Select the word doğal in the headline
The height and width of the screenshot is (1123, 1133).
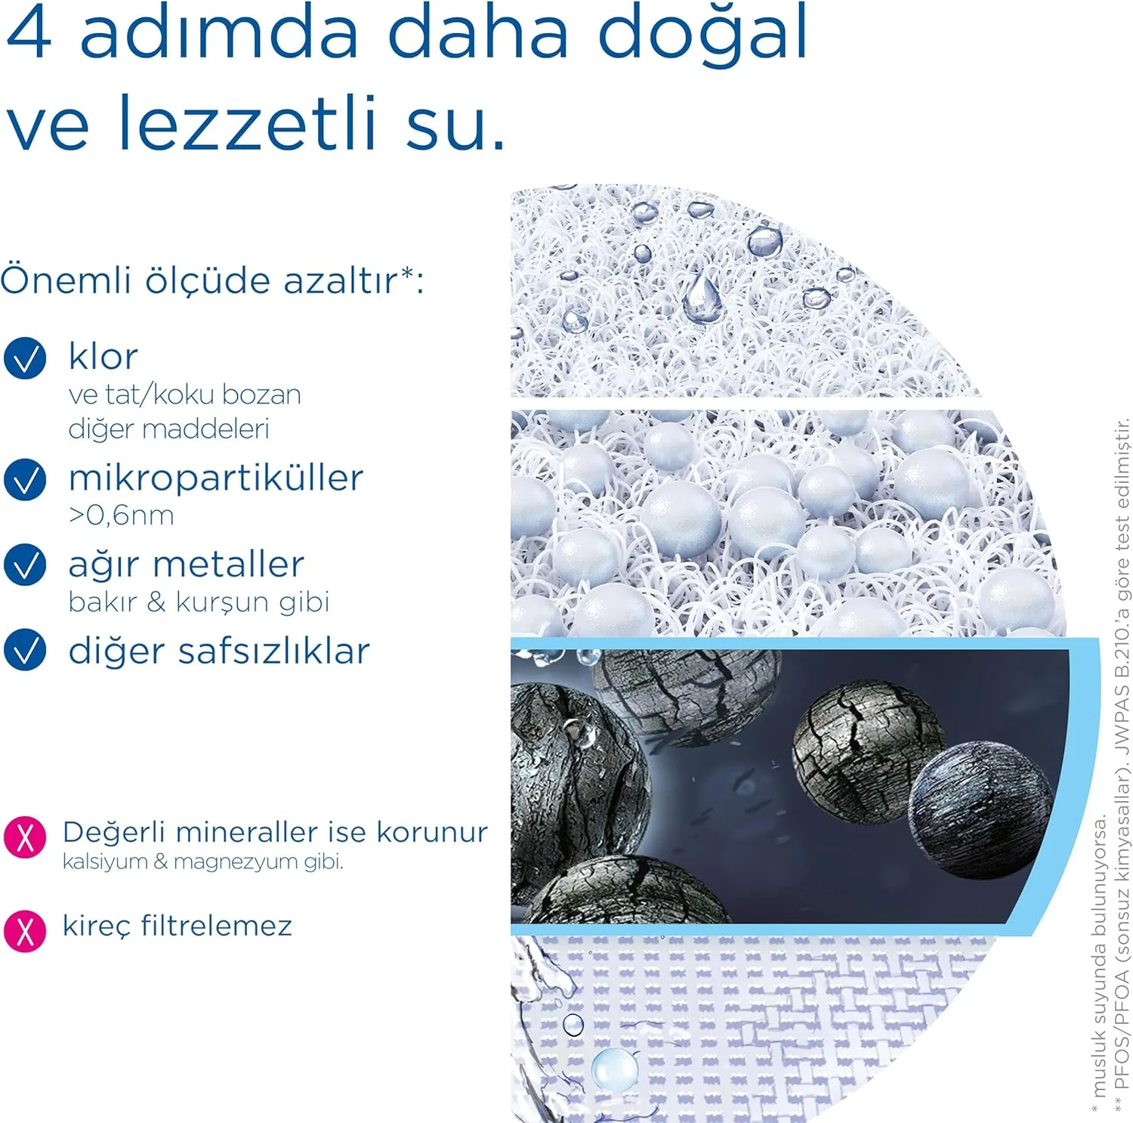702,36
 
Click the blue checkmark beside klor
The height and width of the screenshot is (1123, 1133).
25,358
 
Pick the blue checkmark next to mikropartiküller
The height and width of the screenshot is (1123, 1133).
25,479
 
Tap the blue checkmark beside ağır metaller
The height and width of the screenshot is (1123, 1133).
25,565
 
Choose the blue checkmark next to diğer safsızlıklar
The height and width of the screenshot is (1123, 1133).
25,650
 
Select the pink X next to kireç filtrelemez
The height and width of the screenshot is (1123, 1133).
25,930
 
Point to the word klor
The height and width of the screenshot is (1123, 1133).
103,357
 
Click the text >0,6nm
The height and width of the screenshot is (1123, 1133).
121,515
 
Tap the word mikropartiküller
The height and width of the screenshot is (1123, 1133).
215,478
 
